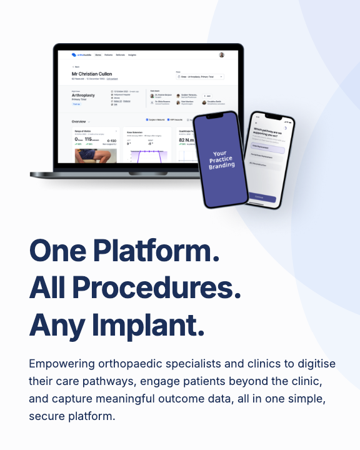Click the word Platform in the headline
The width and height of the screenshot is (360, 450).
pos(157,251)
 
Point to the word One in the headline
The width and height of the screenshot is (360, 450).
pos(57,251)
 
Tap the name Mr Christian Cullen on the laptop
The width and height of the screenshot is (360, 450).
pos(97,74)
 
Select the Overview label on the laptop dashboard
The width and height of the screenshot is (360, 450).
pos(79,121)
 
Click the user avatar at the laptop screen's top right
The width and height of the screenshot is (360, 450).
pos(222,55)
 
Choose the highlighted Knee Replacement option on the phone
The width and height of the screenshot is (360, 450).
pos(267,149)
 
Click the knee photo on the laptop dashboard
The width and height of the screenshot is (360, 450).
pos(91,156)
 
